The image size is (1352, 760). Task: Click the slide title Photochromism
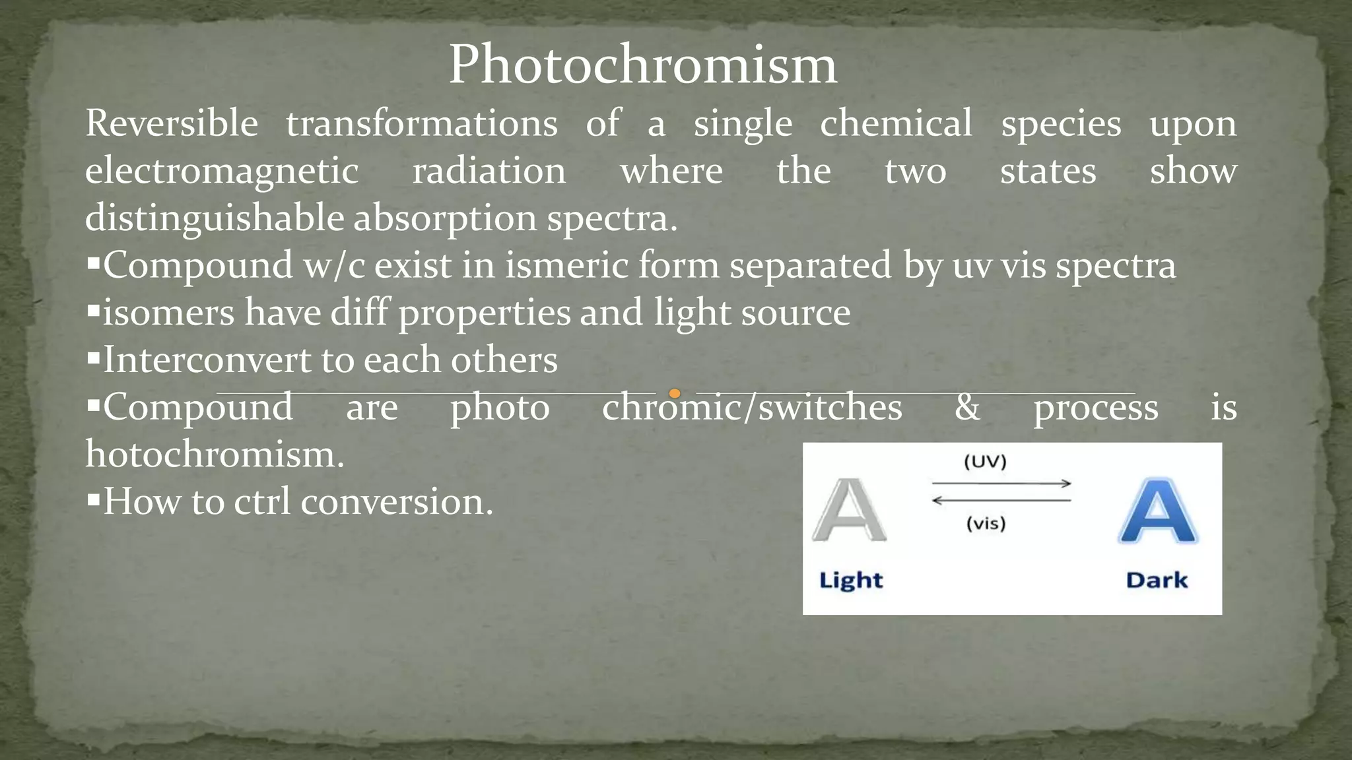click(x=643, y=65)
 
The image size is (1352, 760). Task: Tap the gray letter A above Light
click(x=849, y=511)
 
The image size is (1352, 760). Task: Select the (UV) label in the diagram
click(x=985, y=461)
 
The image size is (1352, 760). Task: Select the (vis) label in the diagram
click(x=986, y=524)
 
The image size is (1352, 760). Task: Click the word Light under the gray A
click(x=850, y=581)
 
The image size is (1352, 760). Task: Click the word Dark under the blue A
click(x=1157, y=581)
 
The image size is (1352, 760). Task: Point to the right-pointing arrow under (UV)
click(x=1001, y=484)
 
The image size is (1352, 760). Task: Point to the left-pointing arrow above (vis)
click(x=1001, y=501)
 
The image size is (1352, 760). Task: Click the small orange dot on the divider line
click(x=674, y=394)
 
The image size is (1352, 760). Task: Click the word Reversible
click(x=172, y=123)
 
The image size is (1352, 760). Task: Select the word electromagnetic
click(x=222, y=171)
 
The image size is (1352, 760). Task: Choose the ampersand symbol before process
click(x=967, y=407)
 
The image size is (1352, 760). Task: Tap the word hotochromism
click(x=215, y=455)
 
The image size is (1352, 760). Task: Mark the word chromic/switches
click(x=752, y=407)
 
